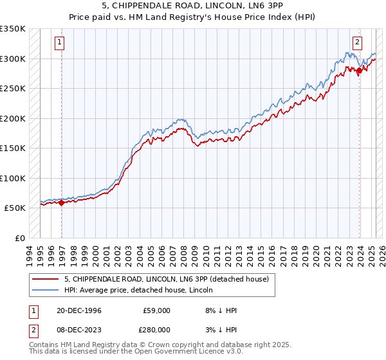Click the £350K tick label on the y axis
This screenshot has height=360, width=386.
[13, 29]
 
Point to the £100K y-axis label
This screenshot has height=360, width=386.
[13, 178]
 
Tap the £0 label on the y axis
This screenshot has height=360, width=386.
[19, 238]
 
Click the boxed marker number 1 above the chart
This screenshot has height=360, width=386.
[59, 43]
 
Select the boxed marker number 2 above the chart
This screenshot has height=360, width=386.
[357, 43]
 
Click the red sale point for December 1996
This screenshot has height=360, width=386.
[62, 203]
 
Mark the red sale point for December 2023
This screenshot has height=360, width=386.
[360, 71]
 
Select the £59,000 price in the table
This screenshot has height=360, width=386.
[156, 310]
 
